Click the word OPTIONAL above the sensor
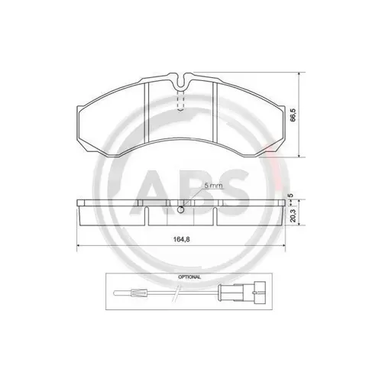(188, 276)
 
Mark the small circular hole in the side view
(181, 210)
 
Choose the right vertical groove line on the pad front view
(215, 115)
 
